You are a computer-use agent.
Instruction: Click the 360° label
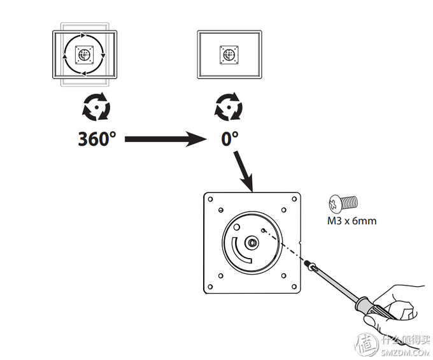pos(97,138)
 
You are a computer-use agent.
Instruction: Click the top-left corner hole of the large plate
pos(211,198)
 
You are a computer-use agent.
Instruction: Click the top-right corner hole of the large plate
pos(291,198)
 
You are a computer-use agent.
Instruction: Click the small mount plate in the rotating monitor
pos(85,55)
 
